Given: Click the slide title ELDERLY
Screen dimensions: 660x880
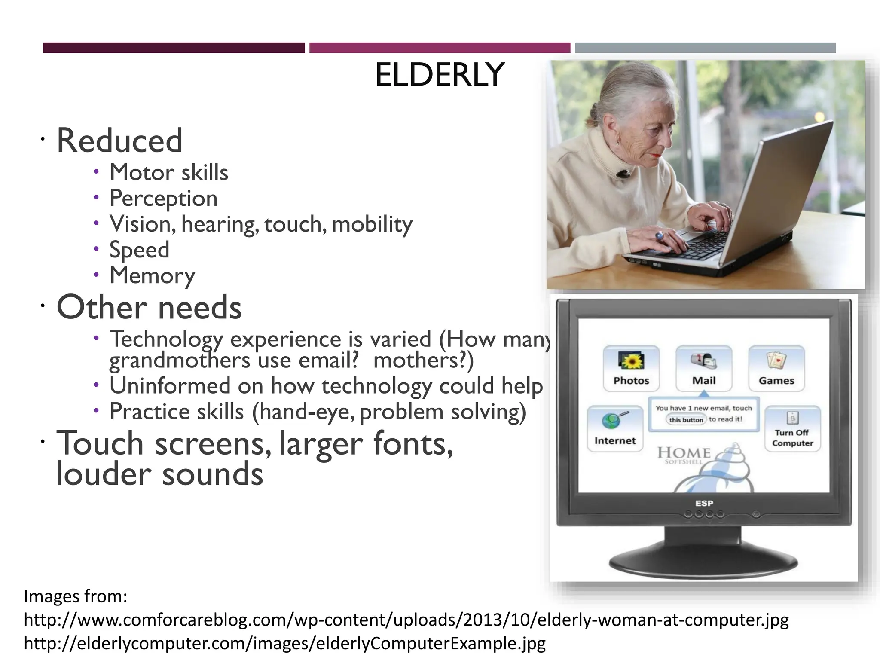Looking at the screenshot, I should tap(440, 75).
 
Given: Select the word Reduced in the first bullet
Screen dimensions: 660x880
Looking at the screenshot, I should tap(119, 141).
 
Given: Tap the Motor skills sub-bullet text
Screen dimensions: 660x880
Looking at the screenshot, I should tap(168, 173).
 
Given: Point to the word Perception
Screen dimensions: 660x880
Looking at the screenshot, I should tap(163, 199).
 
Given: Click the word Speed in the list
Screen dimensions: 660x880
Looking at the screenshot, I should tap(139, 250).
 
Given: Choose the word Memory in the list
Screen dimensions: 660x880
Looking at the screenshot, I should tap(152, 275).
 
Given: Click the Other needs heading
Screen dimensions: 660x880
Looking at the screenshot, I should tap(149, 307).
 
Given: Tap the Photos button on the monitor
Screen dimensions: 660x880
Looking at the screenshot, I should tap(631, 369).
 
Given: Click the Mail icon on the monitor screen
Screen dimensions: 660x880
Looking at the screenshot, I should tap(704, 361).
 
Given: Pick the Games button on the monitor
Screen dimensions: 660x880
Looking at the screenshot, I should tap(776, 369).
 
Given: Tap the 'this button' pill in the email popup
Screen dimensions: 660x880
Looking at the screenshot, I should tap(686, 420).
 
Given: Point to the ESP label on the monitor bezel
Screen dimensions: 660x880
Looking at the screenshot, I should tap(704, 503).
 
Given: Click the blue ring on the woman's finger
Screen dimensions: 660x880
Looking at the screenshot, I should tap(659, 235).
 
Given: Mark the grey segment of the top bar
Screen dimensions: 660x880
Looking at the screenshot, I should tap(705, 48).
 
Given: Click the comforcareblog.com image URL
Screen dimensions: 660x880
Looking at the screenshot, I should tap(406, 620).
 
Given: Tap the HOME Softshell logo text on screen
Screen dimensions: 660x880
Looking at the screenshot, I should tap(684, 454).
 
